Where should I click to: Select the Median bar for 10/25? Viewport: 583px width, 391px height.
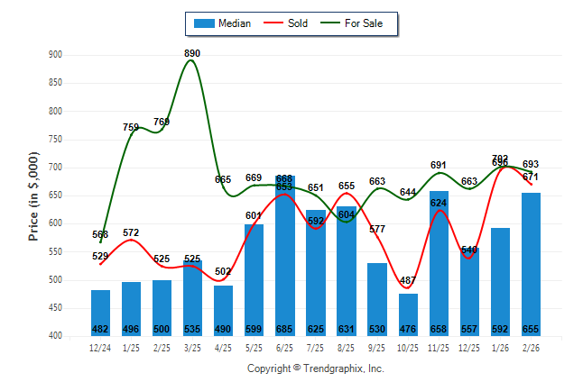pos(408,314)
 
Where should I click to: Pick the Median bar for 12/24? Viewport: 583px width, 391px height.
pos(100,313)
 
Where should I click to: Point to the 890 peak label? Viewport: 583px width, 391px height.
pos(192,54)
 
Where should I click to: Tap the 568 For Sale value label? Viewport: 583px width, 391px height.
pos(100,235)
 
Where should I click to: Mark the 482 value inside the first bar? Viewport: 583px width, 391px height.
pos(100,329)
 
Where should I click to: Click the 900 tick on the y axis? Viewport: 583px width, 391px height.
pos(55,55)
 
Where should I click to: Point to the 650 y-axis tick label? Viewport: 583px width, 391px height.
pos(55,195)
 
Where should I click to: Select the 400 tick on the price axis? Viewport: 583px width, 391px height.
pos(55,336)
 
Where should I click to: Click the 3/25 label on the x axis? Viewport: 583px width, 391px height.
pos(192,347)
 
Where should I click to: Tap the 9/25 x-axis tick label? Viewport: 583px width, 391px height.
pos(377,347)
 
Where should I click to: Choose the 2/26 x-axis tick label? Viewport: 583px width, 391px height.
pos(531,347)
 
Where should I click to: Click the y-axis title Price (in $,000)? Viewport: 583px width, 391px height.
pos(33,195)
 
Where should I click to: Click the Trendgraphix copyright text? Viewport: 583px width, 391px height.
pos(316,368)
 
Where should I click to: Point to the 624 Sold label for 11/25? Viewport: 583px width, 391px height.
pos(440,204)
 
